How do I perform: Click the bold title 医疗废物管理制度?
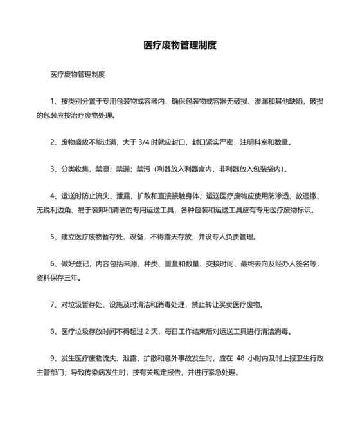(x=179, y=46)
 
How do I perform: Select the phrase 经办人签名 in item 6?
(x=286, y=265)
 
